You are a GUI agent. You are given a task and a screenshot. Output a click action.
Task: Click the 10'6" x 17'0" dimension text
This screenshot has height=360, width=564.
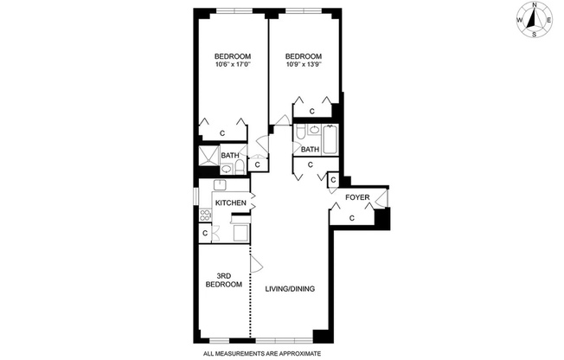(233, 64)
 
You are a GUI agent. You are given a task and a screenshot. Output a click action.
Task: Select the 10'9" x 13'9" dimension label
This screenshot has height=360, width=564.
(304, 64)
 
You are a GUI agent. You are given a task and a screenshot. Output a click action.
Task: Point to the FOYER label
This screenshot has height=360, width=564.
(357, 197)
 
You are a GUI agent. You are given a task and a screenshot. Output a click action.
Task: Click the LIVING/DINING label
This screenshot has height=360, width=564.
(284, 300)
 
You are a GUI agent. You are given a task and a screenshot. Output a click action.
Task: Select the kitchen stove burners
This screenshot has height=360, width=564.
(207, 216)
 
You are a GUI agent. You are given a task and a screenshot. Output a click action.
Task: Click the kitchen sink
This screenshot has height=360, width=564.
(221, 184)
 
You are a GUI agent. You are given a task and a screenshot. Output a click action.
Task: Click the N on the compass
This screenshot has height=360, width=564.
(535, 5)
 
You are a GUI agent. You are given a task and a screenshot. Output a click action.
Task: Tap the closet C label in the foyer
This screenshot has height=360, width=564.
(352, 217)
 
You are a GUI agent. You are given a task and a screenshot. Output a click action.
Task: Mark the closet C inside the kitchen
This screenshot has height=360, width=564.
(205, 233)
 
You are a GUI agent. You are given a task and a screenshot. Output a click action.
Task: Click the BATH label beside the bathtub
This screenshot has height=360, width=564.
(311, 149)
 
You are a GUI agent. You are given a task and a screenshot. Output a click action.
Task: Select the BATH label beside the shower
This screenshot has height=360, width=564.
(229, 156)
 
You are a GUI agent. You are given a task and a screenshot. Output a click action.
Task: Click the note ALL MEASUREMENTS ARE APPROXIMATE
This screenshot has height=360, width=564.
(262, 353)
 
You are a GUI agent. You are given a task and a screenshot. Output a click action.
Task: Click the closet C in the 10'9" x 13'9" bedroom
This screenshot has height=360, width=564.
(311, 112)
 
